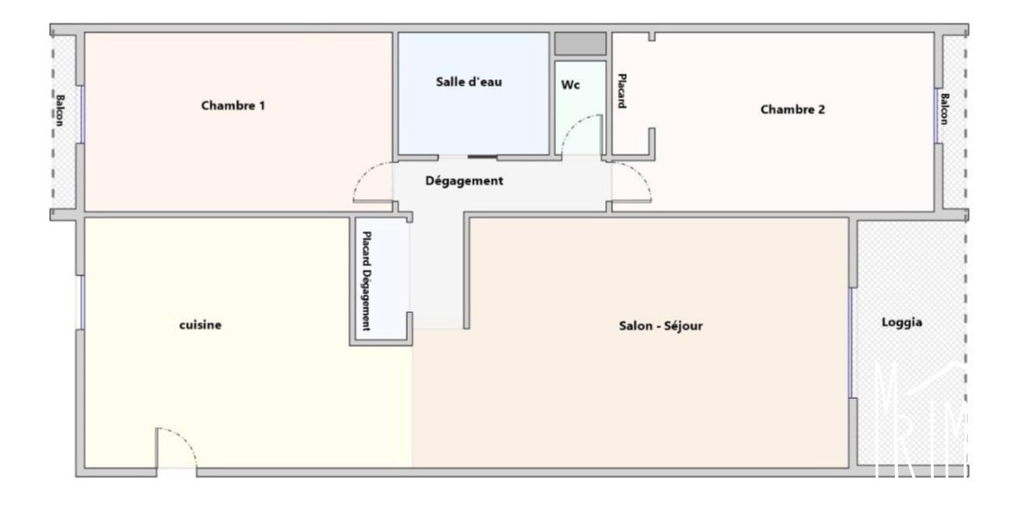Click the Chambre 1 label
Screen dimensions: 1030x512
pos(233,105)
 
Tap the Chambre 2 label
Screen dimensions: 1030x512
pos(792,109)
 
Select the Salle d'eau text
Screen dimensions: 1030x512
pos(469,82)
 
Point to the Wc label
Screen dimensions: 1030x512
pos(571,85)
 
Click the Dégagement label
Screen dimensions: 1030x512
pos(464,180)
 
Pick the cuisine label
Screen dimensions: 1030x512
pos(200,325)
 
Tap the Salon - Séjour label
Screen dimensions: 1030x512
pos(661,325)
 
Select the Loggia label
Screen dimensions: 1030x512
pos(902,322)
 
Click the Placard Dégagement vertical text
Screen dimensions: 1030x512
pos(366,281)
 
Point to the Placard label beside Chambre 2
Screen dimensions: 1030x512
pos(621,91)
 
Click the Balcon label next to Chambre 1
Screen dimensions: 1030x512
pos(59,110)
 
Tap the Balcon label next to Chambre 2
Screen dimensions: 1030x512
pos(945,109)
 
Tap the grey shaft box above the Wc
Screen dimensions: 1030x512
pos(580,44)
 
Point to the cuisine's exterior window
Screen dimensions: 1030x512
pos(82,302)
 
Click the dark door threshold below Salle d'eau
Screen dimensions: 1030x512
pos(482,157)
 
